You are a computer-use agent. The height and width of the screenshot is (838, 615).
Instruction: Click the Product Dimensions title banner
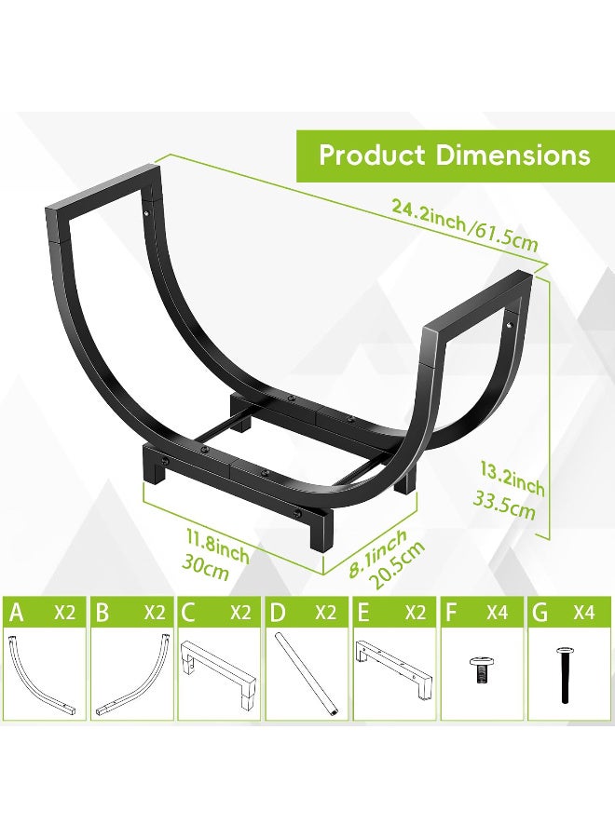tap(455, 155)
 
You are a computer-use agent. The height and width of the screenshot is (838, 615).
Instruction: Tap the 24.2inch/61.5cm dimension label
tap(464, 225)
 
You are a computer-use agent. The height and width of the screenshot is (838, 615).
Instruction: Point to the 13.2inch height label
tap(512, 480)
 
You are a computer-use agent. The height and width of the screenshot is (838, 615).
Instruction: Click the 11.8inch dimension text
tap(217, 546)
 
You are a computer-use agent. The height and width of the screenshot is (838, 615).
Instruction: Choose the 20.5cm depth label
tap(399, 565)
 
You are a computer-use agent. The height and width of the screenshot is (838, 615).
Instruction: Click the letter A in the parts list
tap(17, 613)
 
